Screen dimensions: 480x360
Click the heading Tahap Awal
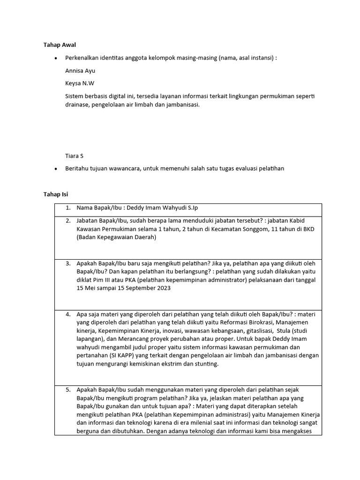pos(59,45)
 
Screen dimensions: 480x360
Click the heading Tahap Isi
pos(56,194)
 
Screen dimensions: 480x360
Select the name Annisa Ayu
pos(80,71)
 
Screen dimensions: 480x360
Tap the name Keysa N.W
pos(79,83)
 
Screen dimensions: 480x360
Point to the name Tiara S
pos(74,156)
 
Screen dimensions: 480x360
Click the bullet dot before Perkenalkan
pos(56,58)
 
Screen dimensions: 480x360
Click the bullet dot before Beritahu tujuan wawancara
pos(56,169)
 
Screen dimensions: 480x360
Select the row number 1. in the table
pos(68,208)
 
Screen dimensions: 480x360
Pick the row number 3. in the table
pos(68,263)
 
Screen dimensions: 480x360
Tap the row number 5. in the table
pos(68,389)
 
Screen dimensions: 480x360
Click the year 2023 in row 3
pos(164,288)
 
